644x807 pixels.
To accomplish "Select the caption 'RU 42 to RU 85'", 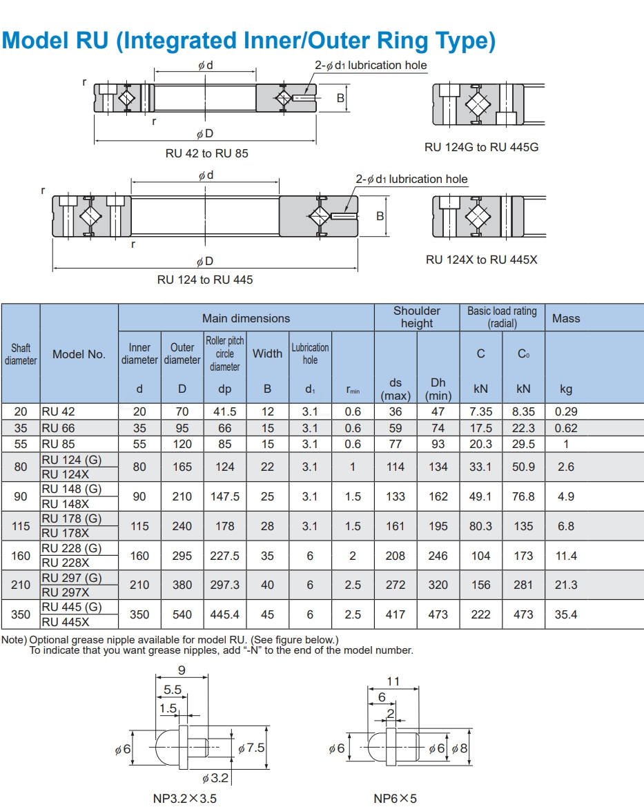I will coord(206,153).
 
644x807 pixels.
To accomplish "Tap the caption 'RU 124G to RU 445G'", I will coord(481,147).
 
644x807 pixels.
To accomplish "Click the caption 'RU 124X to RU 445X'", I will coord(481,260).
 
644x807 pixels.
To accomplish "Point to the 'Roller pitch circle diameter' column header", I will coord(225,353).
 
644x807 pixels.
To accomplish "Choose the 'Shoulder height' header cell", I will coord(417,317).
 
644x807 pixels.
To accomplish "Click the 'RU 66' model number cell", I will coord(59,428).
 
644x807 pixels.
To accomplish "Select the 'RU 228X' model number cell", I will coord(66,563).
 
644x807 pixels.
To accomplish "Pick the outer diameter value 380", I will coord(182,585).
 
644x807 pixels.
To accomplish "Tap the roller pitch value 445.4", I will coord(225,614).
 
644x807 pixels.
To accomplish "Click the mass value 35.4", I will coord(566,614).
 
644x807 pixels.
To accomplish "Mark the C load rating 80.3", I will coord(481,526).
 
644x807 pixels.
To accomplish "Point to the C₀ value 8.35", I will coord(524,411).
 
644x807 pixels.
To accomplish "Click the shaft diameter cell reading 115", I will coord(21,526).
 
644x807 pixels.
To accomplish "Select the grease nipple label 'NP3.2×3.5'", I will coord(185,798).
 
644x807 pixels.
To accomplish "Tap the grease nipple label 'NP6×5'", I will coord(395,798).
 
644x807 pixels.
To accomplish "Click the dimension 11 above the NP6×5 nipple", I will coord(393,681).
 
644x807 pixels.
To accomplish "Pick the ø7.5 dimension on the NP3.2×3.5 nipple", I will coord(251,748).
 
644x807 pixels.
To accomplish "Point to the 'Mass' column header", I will coord(566,318).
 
